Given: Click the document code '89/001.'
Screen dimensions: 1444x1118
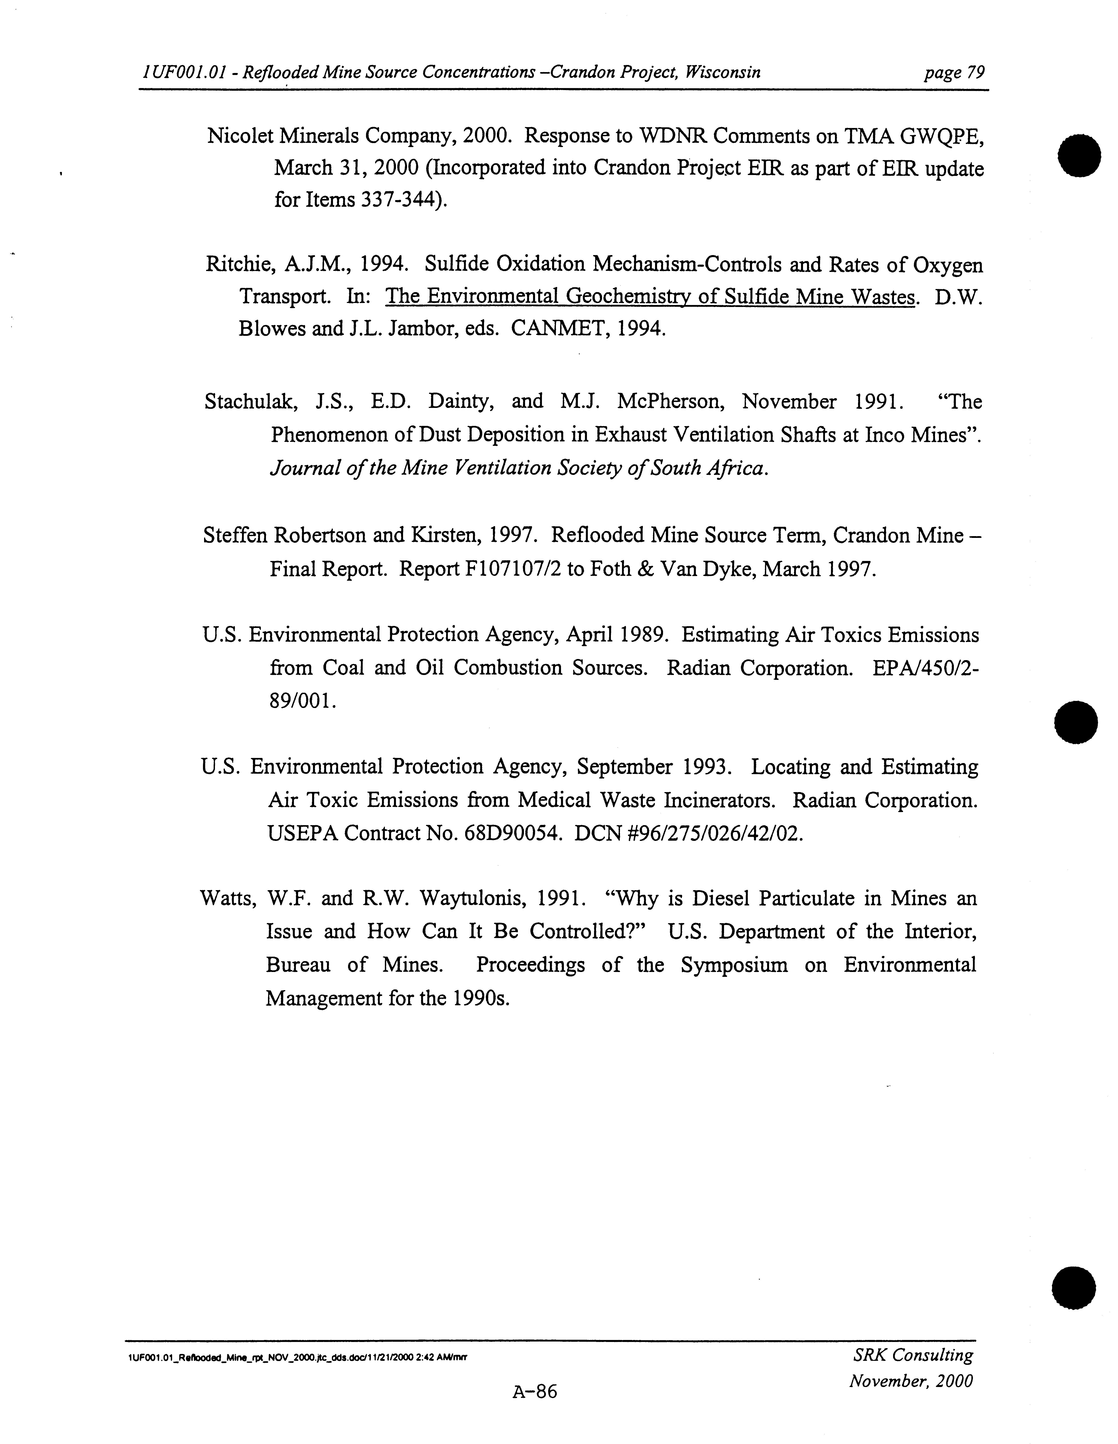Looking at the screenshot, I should coord(302,701).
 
